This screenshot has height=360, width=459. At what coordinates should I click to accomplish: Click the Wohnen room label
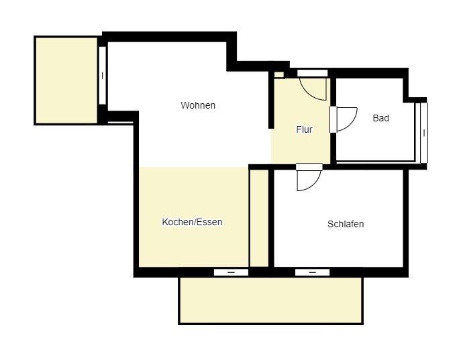tap(198, 105)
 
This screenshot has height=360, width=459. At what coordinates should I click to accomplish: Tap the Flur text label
tap(304, 129)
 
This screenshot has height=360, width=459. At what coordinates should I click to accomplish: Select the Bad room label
tap(380, 118)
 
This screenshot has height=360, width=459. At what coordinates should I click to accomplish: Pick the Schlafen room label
tap(346, 224)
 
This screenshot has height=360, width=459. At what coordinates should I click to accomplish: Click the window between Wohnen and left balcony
tap(102, 75)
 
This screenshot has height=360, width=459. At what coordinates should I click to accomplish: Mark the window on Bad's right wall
tap(423, 132)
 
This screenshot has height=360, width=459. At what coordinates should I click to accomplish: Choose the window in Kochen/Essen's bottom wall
tap(231, 272)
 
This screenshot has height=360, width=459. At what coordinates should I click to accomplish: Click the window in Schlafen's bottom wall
tap(312, 272)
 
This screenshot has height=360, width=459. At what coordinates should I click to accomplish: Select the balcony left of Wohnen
tap(66, 80)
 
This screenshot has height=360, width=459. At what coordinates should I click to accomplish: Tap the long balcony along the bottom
tap(270, 300)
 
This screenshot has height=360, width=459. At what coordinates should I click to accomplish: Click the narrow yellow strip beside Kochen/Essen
tap(259, 217)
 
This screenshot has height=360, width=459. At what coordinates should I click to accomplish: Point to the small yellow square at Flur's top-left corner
tap(278, 74)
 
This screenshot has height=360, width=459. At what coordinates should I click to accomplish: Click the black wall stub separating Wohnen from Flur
tap(270, 101)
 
